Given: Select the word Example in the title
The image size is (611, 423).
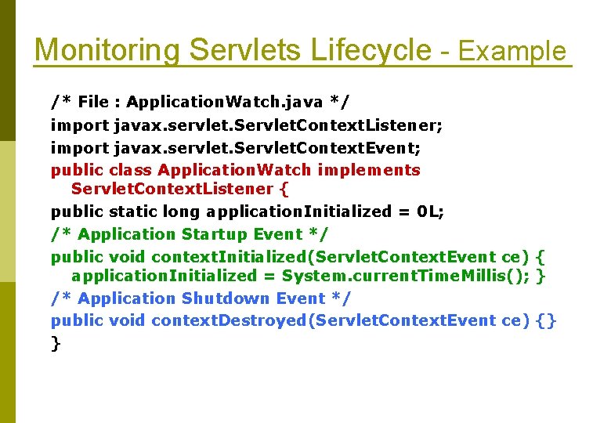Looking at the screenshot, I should pyautogui.click(x=512, y=52).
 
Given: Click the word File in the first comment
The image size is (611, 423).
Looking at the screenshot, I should pyautogui.click(x=93, y=102).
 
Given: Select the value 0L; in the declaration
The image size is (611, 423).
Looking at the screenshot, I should pyautogui.click(x=430, y=211).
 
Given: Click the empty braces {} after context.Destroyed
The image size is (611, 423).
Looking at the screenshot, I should pyautogui.click(x=547, y=320).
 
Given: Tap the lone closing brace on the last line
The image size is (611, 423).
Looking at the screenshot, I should pyautogui.click(x=56, y=343).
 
